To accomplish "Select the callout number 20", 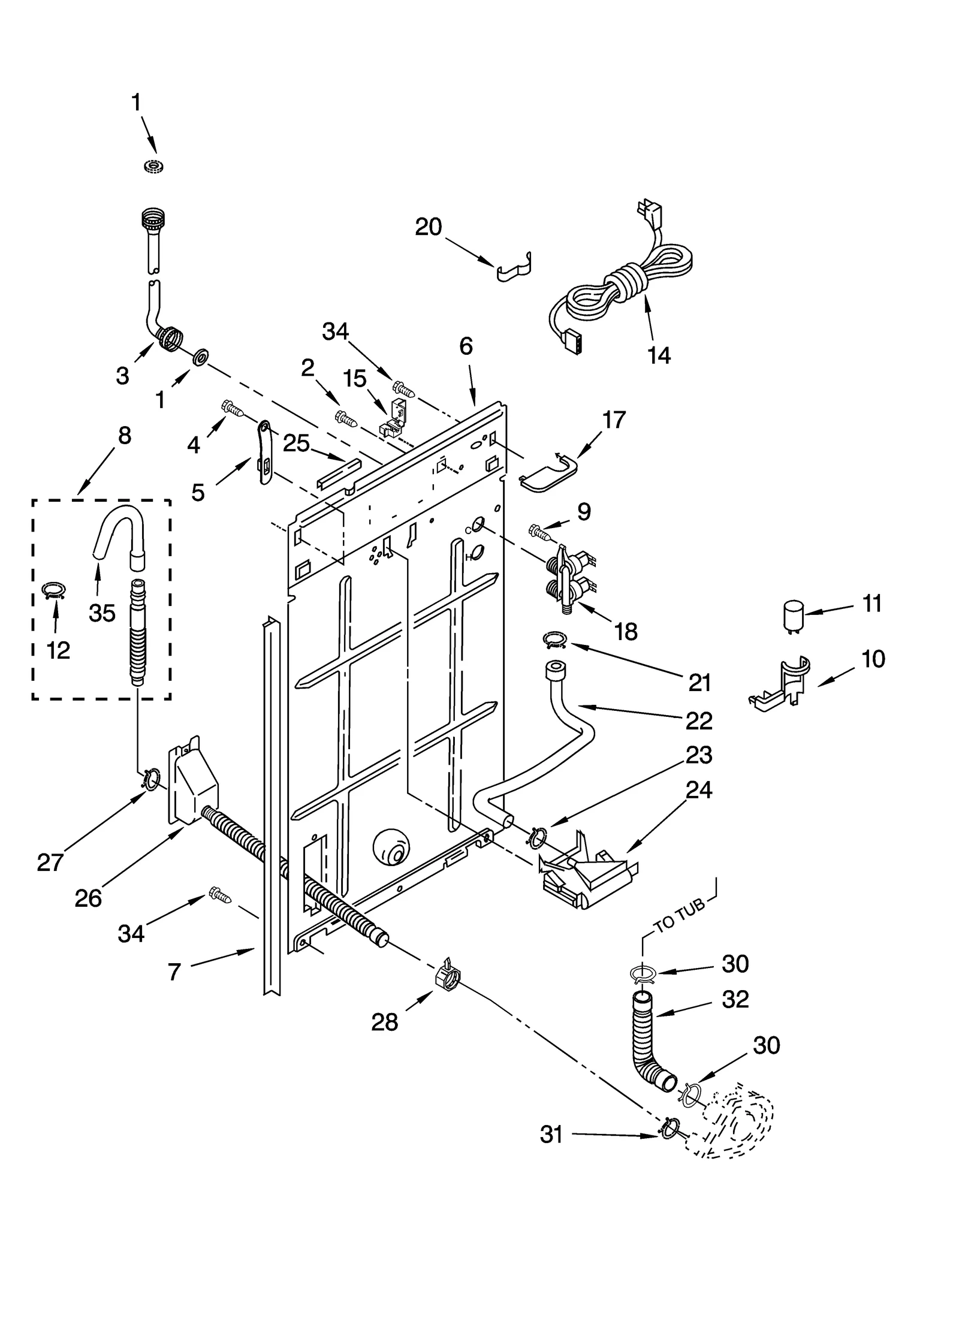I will tap(428, 227).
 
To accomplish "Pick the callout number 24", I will tap(698, 789).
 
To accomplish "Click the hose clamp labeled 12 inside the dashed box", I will tap(54, 591).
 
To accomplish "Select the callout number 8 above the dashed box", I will tap(124, 436).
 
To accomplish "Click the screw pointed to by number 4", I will tap(233, 408).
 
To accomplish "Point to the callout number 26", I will tap(88, 898).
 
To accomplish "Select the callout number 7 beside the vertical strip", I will tap(174, 972).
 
